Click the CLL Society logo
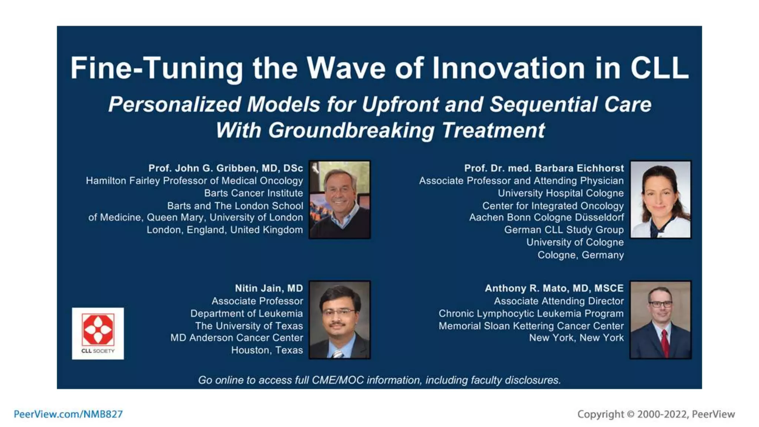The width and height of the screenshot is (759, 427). tap(98, 333)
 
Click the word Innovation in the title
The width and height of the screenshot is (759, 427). tap(508, 68)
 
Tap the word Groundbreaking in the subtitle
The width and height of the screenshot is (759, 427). tap(351, 130)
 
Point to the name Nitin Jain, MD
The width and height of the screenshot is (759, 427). tap(269, 288)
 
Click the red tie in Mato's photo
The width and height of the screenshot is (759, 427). tap(665, 343)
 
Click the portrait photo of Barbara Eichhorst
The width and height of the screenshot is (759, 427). tap(660, 199)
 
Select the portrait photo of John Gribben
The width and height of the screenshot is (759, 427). tap(339, 199)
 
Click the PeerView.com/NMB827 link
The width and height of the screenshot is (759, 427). tap(68, 414)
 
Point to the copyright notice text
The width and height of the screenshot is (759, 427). tap(656, 414)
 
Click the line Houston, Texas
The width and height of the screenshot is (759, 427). tap(267, 350)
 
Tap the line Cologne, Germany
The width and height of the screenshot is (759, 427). tap(580, 255)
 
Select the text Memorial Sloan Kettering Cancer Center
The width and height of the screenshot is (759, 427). tap(531, 326)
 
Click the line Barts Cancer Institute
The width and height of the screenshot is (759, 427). tap(253, 193)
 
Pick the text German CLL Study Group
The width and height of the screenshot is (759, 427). tap(564, 230)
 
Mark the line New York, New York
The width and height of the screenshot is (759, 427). tap(576, 338)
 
